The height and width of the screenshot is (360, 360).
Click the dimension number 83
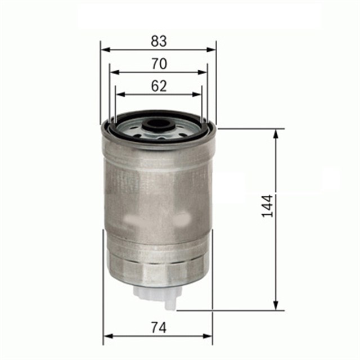tap(159, 41)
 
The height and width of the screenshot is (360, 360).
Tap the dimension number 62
tap(159, 86)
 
